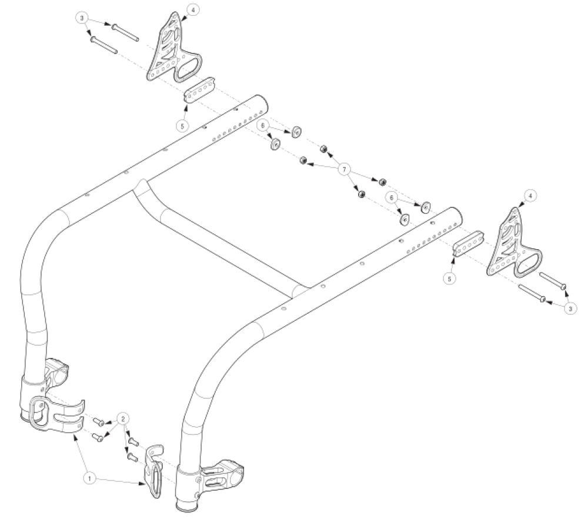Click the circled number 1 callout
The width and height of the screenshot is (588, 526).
pyautogui.click(x=89, y=479)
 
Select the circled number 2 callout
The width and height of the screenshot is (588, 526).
pyautogui.click(x=122, y=418)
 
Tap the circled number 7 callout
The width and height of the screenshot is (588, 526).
pyautogui.click(x=345, y=170)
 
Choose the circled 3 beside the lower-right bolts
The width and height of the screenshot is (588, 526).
pyautogui.click(x=569, y=307)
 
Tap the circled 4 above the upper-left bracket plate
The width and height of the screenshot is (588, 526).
pyautogui.click(x=193, y=9)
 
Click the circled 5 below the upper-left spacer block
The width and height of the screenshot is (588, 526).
pyautogui.click(x=182, y=125)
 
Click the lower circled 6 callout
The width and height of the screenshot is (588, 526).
pyautogui.click(x=390, y=199)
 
